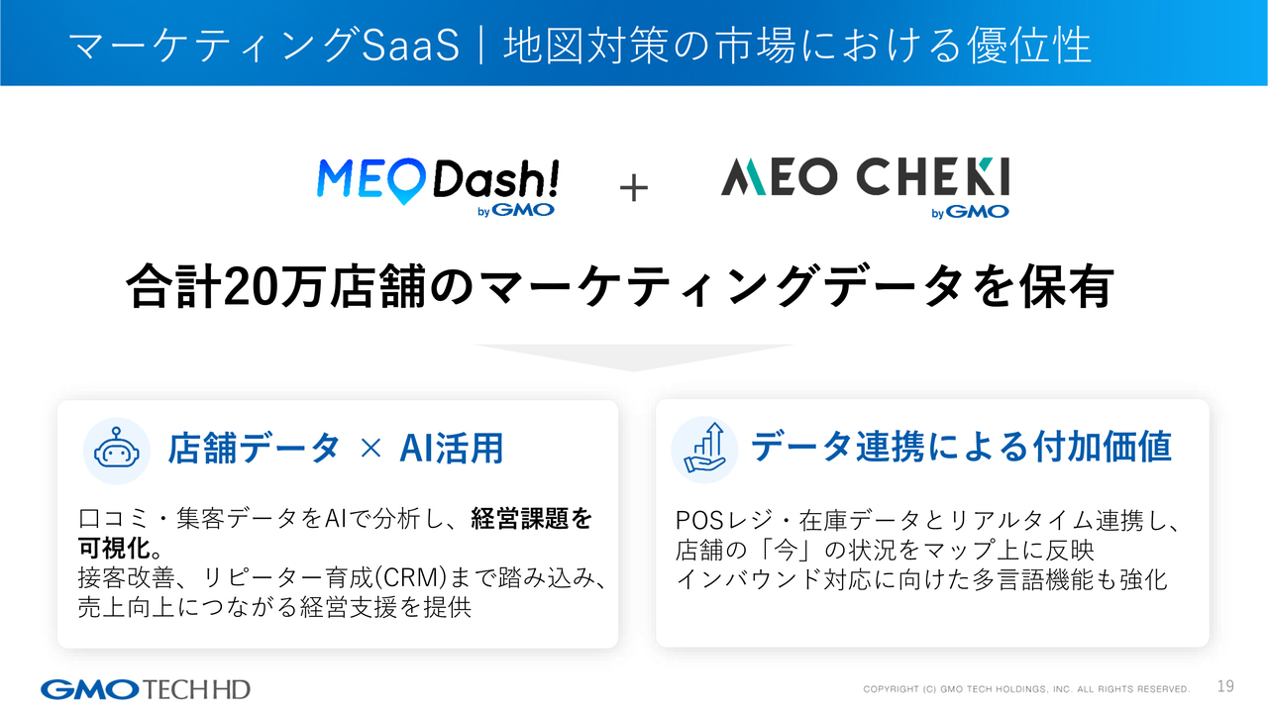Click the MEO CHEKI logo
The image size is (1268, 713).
click(865, 187)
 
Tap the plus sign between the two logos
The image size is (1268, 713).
click(634, 188)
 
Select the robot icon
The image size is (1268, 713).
click(117, 451)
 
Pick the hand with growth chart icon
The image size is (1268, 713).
click(704, 450)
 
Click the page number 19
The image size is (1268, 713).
click(1225, 686)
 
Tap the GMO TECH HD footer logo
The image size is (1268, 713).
click(146, 689)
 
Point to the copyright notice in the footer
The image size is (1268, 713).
click(1026, 689)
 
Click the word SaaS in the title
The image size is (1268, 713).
click(411, 46)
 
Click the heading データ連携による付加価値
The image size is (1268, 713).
click(961, 447)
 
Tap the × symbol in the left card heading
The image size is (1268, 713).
click(370, 449)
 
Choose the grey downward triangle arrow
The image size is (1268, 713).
click(633, 357)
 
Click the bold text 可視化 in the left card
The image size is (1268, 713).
click(114, 548)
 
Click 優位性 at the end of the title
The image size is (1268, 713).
click(1029, 46)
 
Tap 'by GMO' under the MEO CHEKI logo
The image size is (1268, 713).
click(970, 212)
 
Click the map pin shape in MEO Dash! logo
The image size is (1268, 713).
click(405, 180)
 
